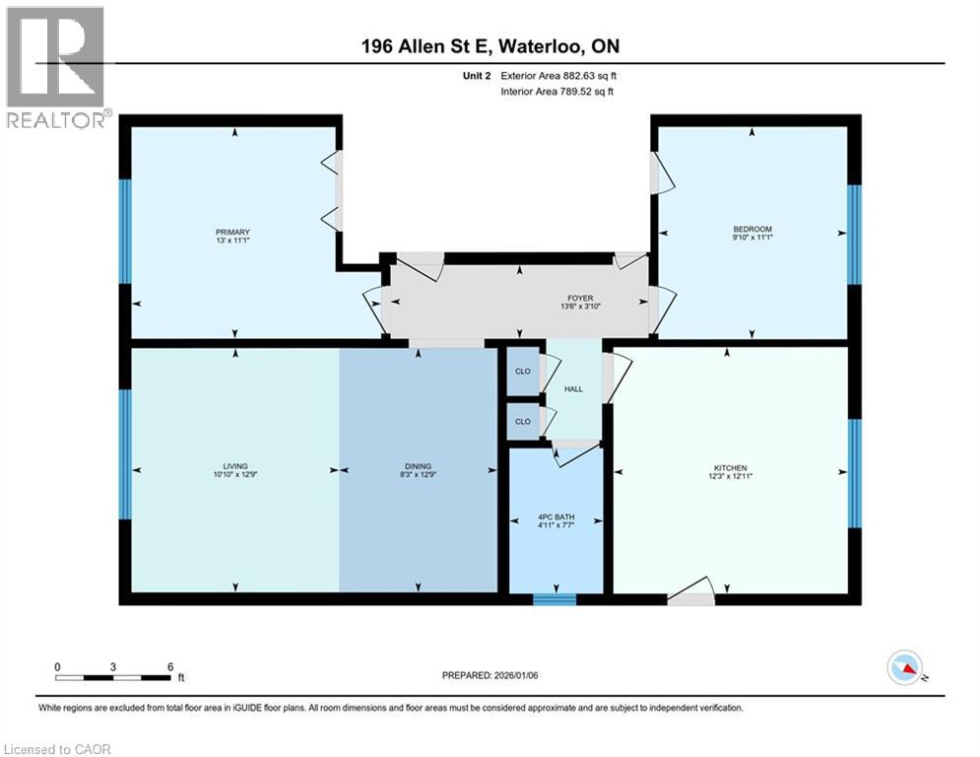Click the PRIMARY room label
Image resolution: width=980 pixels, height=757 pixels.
tap(232, 233)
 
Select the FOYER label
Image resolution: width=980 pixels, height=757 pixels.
tap(579, 299)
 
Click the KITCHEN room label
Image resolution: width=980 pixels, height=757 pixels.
tap(731, 468)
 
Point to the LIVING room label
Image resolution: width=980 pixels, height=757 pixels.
tap(234, 466)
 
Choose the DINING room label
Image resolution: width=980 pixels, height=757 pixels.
tap(418, 466)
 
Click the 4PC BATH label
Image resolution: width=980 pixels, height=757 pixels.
tap(555, 517)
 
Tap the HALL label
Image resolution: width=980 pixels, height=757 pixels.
tap(573, 389)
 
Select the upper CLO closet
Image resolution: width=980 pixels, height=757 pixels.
tap(523, 371)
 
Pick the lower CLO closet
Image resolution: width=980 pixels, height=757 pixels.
tap(523, 421)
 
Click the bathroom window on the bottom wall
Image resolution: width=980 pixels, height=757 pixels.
tap(555, 597)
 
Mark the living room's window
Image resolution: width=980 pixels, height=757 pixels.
tap(125, 454)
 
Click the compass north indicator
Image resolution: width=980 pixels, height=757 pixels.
tap(905, 668)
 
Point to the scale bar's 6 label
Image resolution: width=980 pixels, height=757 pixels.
tap(170, 665)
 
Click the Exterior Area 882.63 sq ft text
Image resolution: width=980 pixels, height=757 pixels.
tap(558, 76)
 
